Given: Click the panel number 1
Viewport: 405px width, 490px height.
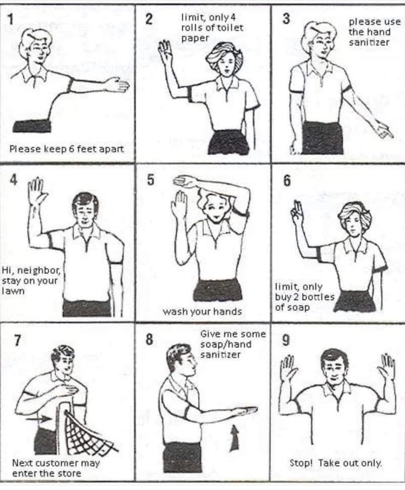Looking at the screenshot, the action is coord(10,20).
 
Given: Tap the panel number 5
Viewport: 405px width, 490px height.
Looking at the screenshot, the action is coord(150,180).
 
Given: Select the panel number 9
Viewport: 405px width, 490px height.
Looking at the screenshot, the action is coord(285,341).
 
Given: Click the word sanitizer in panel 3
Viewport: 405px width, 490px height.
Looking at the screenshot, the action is coord(369,43).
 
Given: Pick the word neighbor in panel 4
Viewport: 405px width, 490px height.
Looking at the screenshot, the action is coord(39,271).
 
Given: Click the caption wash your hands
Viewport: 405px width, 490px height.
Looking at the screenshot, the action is coord(202,311).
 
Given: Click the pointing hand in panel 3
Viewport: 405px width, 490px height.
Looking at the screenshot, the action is coord(384,132).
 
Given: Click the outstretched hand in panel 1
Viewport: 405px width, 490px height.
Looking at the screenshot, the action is coord(118,85).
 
